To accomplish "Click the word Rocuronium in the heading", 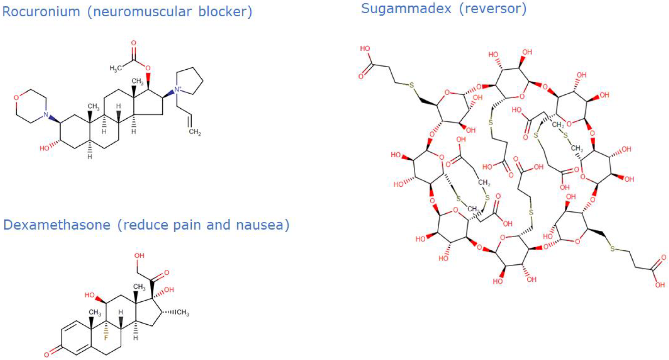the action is [41, 12].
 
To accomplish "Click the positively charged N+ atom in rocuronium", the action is [178, 90].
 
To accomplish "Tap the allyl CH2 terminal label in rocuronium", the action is [195, 132].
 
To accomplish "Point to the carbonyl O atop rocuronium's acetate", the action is [133, 43].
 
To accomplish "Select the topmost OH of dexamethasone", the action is [139, 256].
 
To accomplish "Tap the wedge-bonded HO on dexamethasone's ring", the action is [90, 295].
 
